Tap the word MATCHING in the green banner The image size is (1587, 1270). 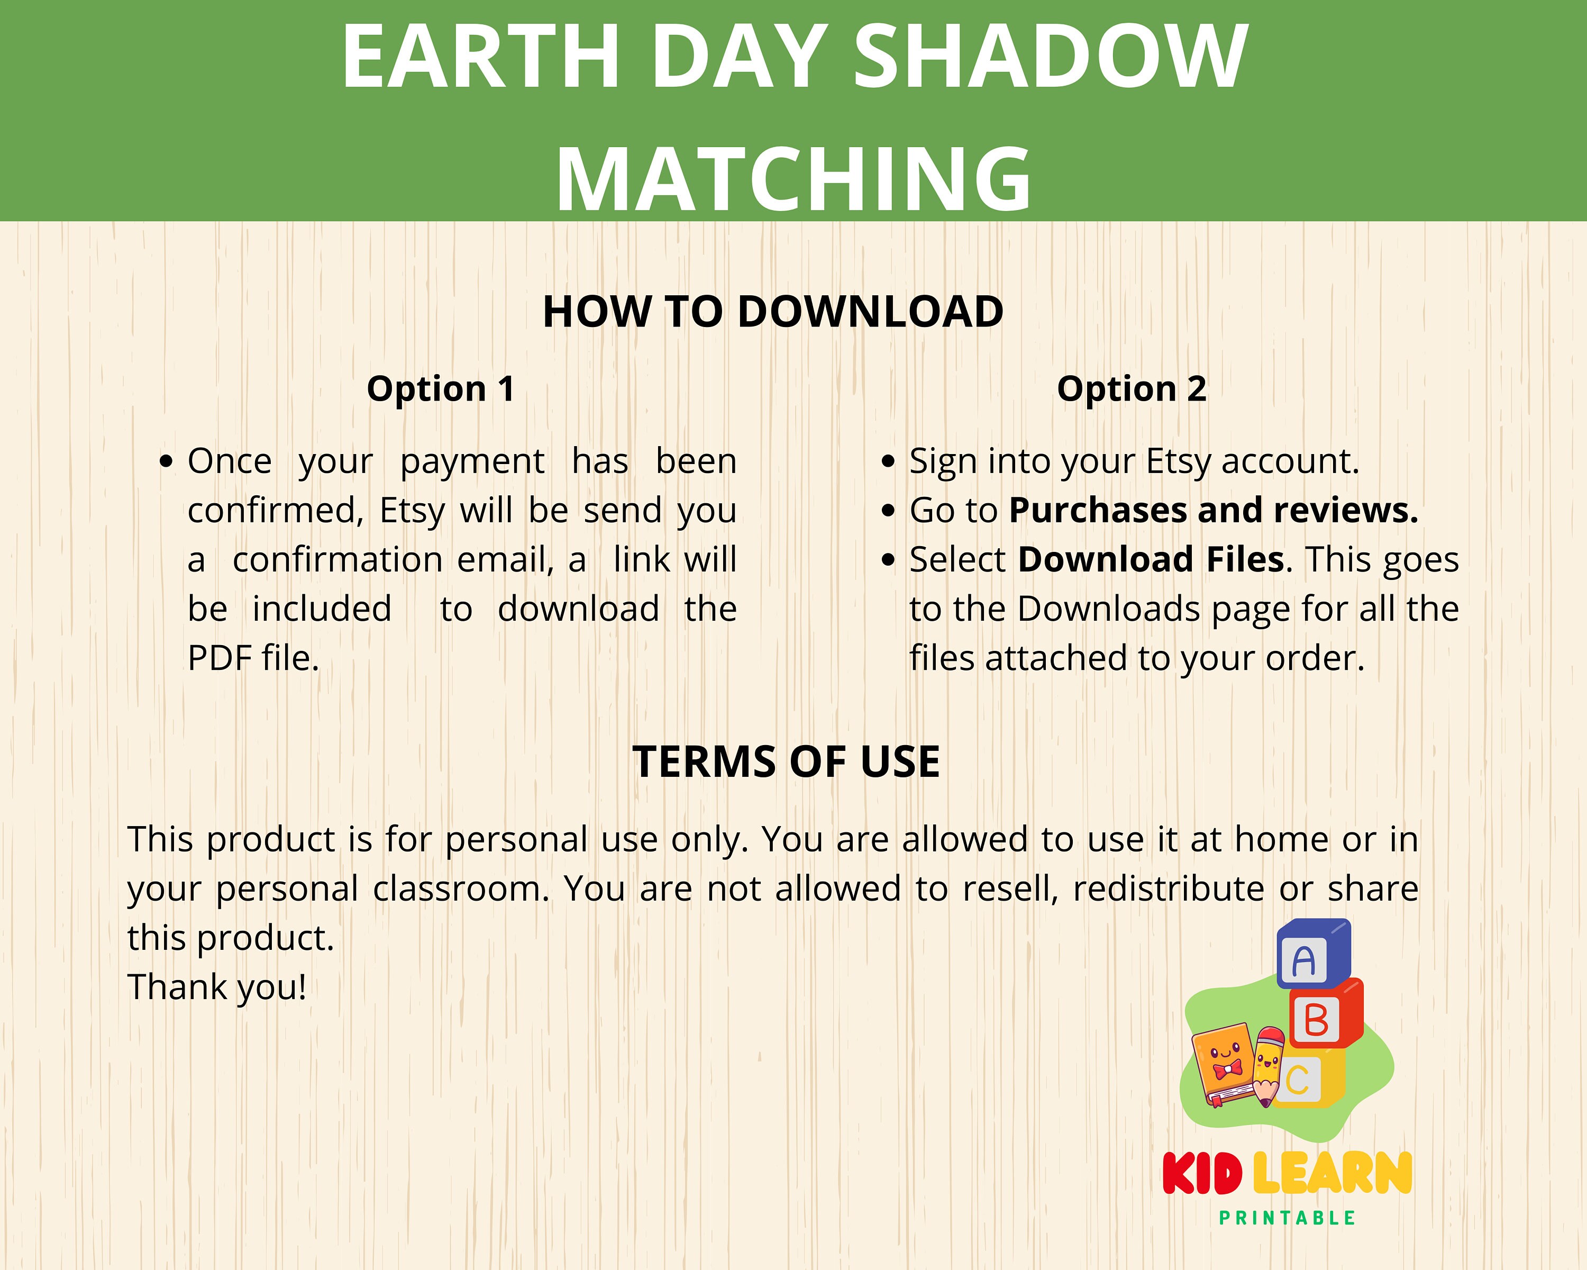pyautogui.click(x=793, y=179)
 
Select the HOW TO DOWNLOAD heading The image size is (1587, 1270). pyautogui.click(x=773, y=312)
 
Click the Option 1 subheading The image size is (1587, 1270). pyautogui.click(x=440, y=389)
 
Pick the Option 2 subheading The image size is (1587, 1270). pyautogui.click(x=1132, y=389)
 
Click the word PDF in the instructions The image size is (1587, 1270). pyautogui.click(x=214, y=657)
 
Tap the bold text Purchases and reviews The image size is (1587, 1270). pyautogui.click(x=1213, y=510)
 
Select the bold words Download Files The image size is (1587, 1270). pyautogui.click(x=1151, y=559)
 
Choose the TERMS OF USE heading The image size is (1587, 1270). pyautogui.click(x=786, y=761)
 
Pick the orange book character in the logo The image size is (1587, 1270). pyautogui.click(x=1223, y=1065)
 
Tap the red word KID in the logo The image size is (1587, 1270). pyautogui.click(x=1202, y=1174)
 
